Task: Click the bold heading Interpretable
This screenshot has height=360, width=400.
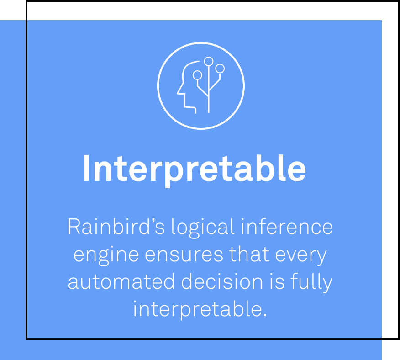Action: [x=195, y=169]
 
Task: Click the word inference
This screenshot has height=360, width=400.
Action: [x=287, y=226]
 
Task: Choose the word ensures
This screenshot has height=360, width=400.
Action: [x=184, y=255]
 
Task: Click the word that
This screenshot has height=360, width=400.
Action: [x=249, y=254]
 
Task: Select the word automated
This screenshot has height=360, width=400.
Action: [x=121, y=281]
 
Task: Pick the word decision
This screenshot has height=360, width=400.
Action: [x=222, y=281]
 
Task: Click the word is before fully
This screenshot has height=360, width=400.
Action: [x=277, y=281]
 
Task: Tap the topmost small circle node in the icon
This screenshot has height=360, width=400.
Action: [x=209, y=61]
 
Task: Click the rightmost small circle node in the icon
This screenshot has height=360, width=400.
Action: [x=220, y=69]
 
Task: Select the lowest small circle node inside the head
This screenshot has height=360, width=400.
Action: [x=197, y=75]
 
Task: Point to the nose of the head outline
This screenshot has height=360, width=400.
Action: [x=178, y=94]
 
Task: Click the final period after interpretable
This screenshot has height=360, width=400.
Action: [x=265, y=315]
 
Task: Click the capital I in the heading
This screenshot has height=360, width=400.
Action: [x=86, y=169]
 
